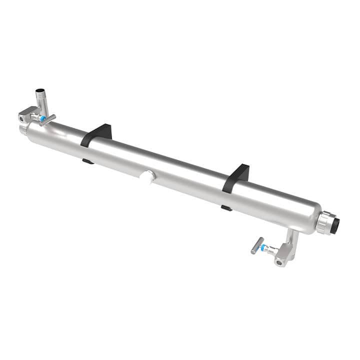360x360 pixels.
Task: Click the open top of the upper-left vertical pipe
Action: [39, 91]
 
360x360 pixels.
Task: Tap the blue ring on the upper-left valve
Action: [43, 119]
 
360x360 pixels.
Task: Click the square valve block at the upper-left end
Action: [25, 117]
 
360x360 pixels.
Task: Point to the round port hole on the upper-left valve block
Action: [22, 118]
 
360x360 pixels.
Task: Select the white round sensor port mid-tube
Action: [148, 177]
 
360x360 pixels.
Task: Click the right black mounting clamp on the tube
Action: [236, 177]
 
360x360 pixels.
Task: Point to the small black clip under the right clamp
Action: [226, 207]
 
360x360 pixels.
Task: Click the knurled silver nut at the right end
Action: [323, 222]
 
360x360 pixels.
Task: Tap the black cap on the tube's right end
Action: [335, 225]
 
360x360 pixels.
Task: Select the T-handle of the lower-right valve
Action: [257, 245]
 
